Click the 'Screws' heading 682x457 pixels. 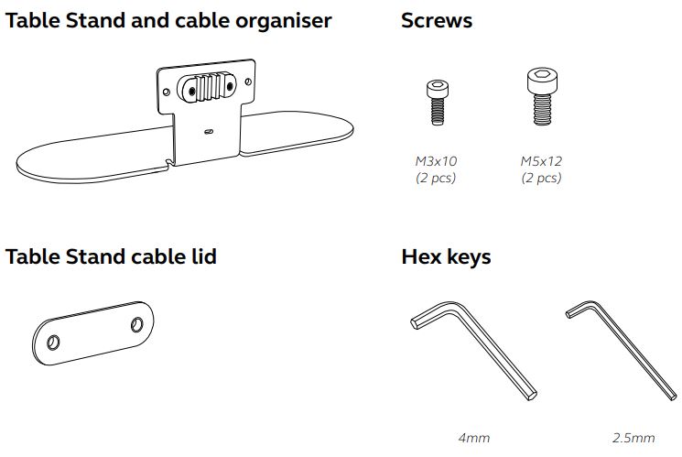point(436,20)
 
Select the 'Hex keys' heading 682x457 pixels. point(446,256)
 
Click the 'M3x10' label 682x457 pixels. point(437,161)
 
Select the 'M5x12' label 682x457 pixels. point(541,161)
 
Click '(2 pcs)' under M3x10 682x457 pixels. point(436,178)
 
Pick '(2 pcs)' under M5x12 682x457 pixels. point(541,178)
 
